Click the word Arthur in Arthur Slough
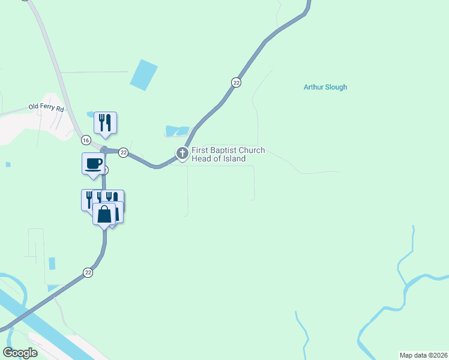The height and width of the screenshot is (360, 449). [x=313, y=87]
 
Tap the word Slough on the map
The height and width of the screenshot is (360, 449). [x=336, y=87]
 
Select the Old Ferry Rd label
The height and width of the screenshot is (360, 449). [x=46, y=108]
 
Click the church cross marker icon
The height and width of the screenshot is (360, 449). [x=182, y=154]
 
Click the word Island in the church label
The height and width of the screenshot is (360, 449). [x=234, y=158]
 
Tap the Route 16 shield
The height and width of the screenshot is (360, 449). [x=86, y=140]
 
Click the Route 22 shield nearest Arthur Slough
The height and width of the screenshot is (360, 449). [x=237, y=82]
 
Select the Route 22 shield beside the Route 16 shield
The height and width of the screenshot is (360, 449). [x=123, y=152]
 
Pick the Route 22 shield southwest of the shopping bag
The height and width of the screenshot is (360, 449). [x=88, y=272]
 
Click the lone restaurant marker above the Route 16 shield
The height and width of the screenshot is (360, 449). [x=105, y=122]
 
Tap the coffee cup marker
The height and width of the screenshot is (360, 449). [x=93, y=163]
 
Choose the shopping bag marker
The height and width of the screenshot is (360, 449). [x=104, y=214]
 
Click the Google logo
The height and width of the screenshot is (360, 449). [x=20, y=353]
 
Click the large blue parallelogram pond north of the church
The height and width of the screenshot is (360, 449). [x=143, y=75]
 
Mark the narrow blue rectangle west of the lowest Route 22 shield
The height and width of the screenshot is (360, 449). [x=52, y=263]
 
